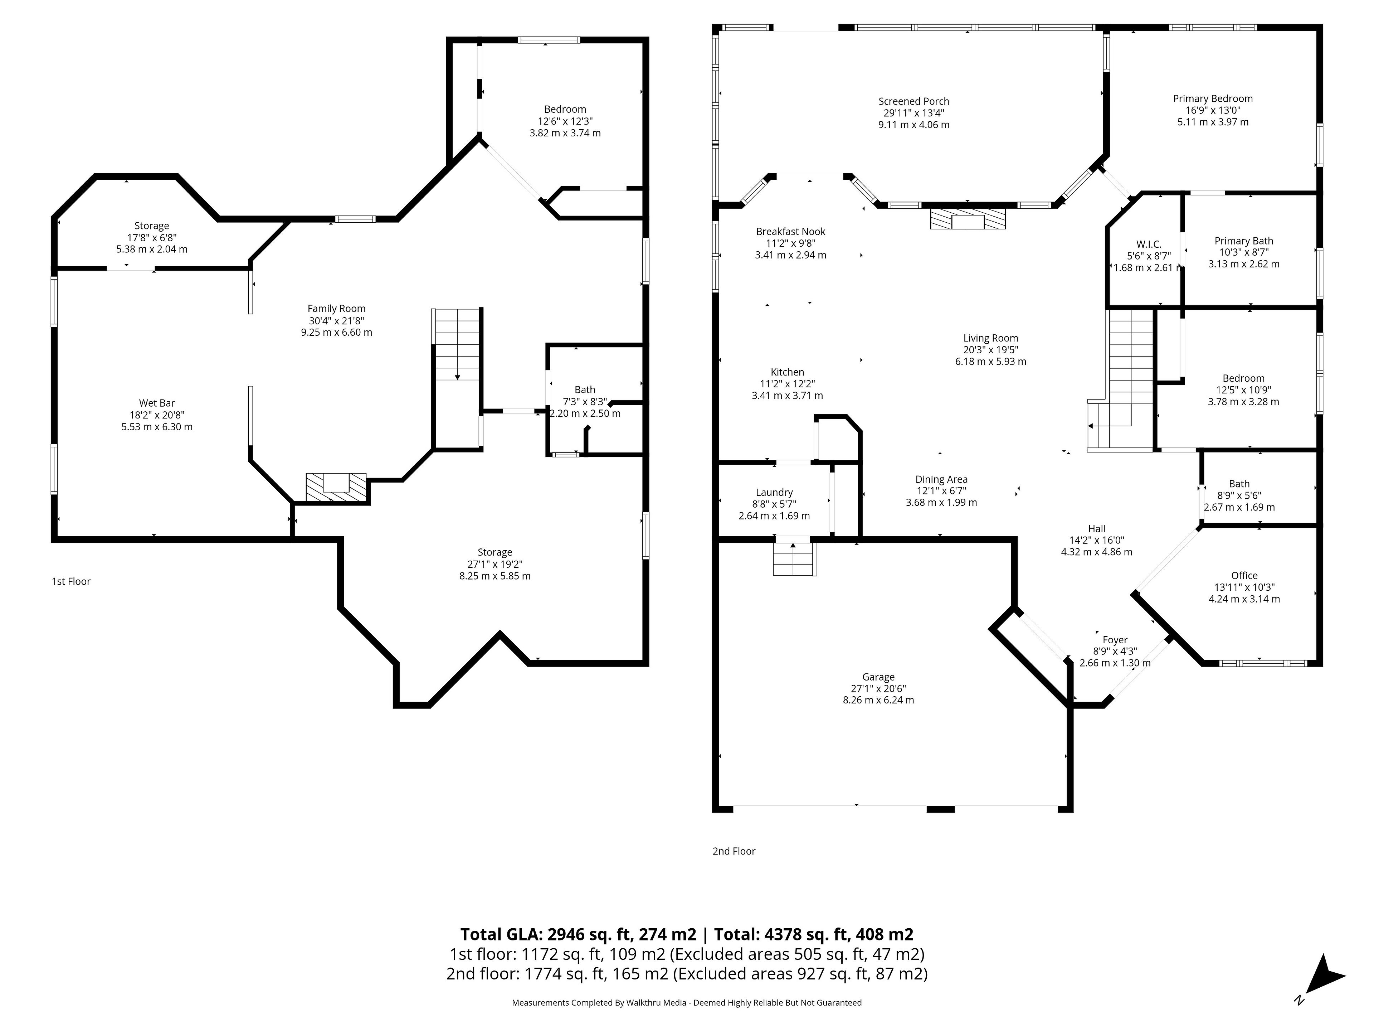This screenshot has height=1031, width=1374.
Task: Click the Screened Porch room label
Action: point(914,101)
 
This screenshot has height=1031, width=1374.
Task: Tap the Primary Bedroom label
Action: point(1213,98)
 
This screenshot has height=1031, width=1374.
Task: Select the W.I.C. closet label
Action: point(1149,244)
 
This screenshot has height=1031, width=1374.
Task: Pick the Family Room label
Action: point(337,308)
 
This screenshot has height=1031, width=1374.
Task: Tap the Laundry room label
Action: point(774,492)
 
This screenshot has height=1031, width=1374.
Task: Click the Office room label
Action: point(1244,576)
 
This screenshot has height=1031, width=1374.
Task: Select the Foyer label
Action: point(1115,639)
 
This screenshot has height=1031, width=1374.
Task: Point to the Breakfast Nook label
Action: point(791,231)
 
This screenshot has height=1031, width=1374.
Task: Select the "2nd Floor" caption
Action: point(734,851)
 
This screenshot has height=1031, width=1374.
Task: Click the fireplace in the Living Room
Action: point(968,219)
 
